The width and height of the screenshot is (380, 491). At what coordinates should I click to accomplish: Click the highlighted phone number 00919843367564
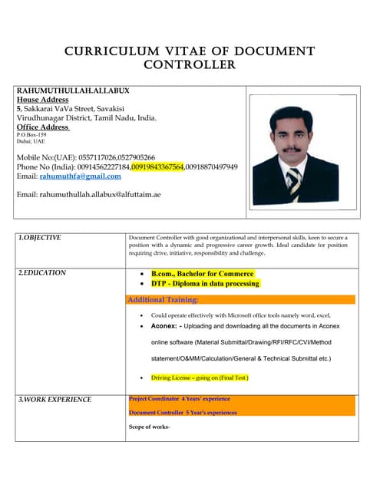pos(157,166)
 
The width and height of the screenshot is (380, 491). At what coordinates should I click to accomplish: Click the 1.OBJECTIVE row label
pos(41,238)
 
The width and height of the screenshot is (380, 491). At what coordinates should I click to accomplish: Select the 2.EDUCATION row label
pos(42,272)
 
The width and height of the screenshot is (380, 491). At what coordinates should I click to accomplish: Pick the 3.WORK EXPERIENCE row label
pos(55,400)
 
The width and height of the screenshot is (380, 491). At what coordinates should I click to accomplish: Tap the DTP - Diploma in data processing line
pos(205,284)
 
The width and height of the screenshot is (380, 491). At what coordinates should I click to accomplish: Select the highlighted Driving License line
pos(200,378)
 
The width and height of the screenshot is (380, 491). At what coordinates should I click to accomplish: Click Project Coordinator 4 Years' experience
pos(179,399)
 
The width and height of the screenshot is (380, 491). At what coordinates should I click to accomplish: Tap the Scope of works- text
pos(149,426)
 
